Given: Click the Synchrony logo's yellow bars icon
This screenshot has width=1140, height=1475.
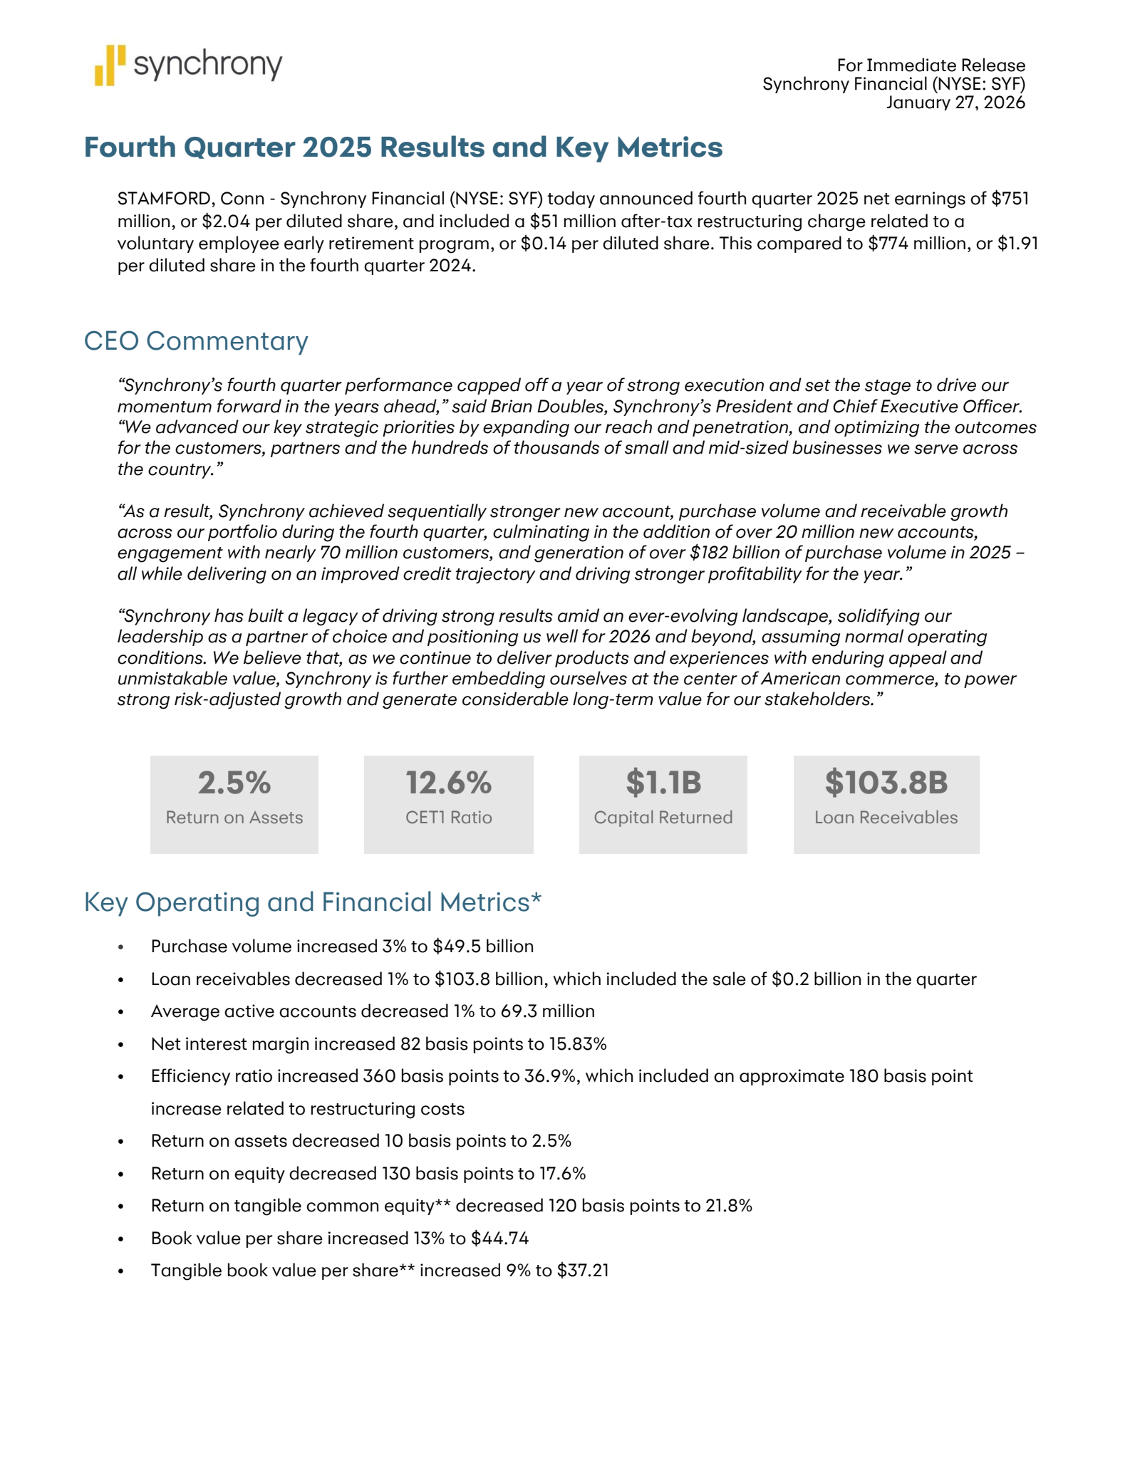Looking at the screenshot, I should pos(110,66).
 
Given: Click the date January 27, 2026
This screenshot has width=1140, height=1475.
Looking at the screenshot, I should pos(955,103).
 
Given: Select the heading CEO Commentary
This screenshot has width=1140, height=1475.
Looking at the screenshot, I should pos(196,341).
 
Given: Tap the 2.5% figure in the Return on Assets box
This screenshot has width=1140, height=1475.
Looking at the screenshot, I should pos(234,783).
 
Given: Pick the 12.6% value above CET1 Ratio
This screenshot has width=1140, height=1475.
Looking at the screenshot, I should pos(449,783).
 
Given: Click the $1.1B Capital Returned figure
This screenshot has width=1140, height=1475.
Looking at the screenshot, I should pos(663,783).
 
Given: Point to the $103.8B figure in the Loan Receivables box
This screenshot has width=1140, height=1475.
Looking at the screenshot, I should pos(886,783).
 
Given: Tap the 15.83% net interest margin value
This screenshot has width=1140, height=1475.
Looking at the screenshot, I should pos(577,1044).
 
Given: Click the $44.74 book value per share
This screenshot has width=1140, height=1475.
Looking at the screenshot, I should pos(499,1239).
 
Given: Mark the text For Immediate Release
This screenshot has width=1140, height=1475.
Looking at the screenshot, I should pos(931,66).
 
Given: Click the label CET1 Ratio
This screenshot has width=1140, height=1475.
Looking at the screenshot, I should pos(449,818).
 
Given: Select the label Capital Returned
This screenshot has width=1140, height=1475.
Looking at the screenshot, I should pos(663,818).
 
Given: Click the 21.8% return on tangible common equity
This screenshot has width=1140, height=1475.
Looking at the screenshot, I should pos(729,1206).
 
